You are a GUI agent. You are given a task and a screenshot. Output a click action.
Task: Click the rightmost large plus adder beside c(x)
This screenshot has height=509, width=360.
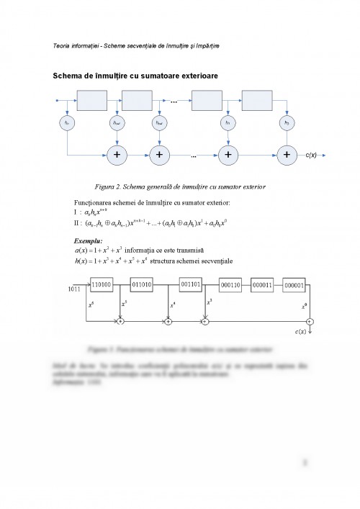(287, 155)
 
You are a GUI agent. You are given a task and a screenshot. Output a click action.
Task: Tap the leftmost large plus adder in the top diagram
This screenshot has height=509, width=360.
(115, 155)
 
